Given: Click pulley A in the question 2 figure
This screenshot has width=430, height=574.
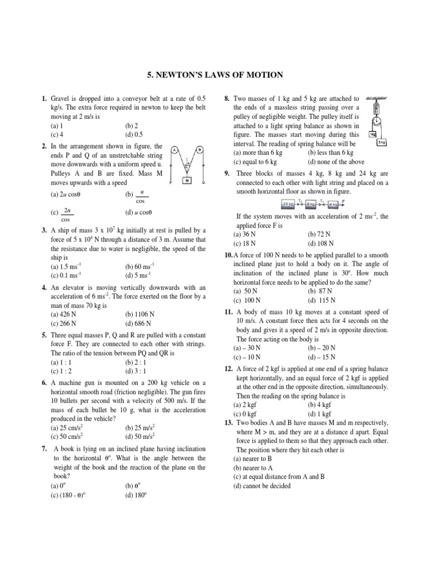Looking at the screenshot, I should tap(175, 150).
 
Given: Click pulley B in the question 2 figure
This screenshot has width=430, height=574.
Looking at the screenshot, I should tap(199, 150).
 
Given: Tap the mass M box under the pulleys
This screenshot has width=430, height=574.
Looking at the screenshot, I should tap(186, 180).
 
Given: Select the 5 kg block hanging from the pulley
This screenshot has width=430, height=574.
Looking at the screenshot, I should tap(382, 143).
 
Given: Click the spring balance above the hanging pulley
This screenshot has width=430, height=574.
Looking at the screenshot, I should tap(377, 108).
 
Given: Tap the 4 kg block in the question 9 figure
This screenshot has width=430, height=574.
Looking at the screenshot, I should tap(332, 204).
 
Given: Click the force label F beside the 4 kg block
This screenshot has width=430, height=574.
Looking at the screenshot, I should tap(343, 202).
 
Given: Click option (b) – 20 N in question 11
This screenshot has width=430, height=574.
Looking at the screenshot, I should tap(322, 348).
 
